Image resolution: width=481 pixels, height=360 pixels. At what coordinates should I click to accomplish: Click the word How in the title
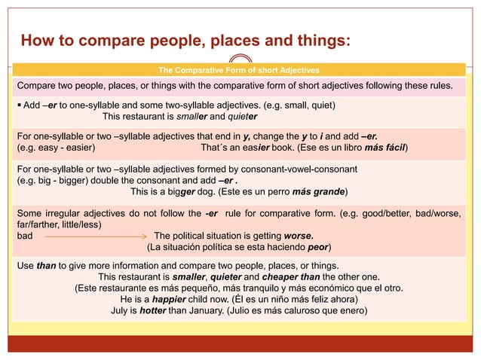[38, 39]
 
